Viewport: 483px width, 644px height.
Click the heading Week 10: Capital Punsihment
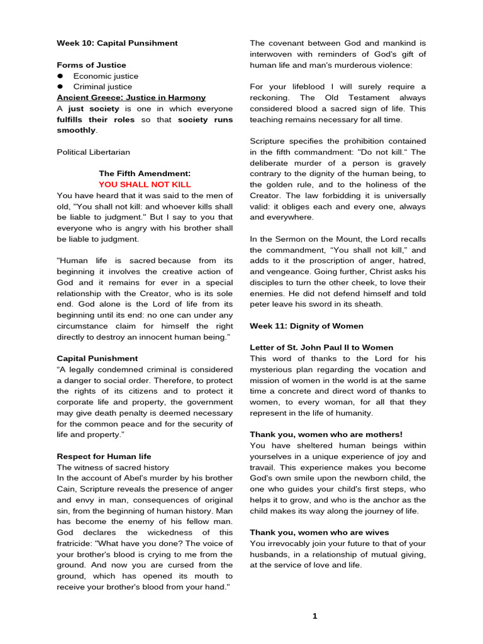pyautogui.click(x=117, y=43)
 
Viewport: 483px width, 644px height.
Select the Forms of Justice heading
pyautogui.click(x=91, y=65)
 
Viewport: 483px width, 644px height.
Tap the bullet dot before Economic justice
pyautogui.click(x=60, y=76)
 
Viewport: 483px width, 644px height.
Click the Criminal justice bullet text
pyautogui.click(x=103, y=87)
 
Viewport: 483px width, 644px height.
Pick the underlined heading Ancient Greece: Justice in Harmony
pyautogui.click(x=131, y=97)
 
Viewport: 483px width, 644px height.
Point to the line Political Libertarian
pyautogui.click(x=94, y=152)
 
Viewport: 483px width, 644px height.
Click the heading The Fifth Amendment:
pyautogui.click(x=145, y=174)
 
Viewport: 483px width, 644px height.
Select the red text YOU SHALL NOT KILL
pyautogui.click(x=145, y=184)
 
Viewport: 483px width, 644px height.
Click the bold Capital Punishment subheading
pyautogui.click(x=97, y=358)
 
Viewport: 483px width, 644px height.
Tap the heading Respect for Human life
pyautogui.click(x=104, y=456)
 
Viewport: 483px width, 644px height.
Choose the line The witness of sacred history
pyautogui.click(x=113, y=467)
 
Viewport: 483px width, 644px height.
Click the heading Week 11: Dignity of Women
pyautogui.click(x=306, y=326)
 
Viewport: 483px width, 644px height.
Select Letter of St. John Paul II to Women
pyautogui.click(x=321, y=347)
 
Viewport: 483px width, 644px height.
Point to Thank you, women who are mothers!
pyautogui.click(x=326, y=435)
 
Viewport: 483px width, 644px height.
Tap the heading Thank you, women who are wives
pyautogui.click(x=319, y=532)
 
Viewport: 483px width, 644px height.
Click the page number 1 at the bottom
pyautogui.click(x=315, y=616)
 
